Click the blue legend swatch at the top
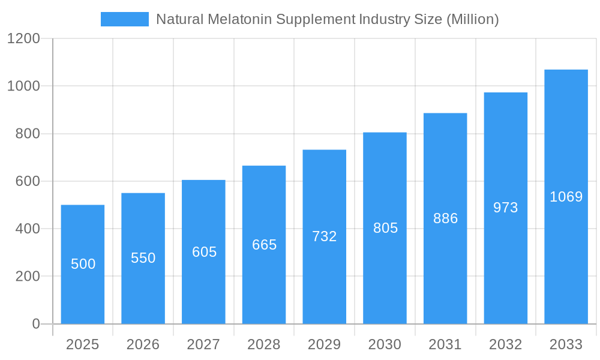124,19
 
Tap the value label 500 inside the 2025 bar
83,264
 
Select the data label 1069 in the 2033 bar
566,197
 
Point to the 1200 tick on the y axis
23,38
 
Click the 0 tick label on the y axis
35,324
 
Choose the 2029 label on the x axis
324,344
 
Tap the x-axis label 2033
566,344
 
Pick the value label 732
324,236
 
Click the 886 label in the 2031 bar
445,218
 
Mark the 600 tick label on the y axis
28,181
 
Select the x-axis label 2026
143,344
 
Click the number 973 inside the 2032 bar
505,208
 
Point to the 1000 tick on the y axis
23,86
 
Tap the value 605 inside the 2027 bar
204,252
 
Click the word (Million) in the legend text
472,19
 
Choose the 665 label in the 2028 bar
264,245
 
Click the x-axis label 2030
385,344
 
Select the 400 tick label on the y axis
28,229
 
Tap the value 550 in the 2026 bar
143,258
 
